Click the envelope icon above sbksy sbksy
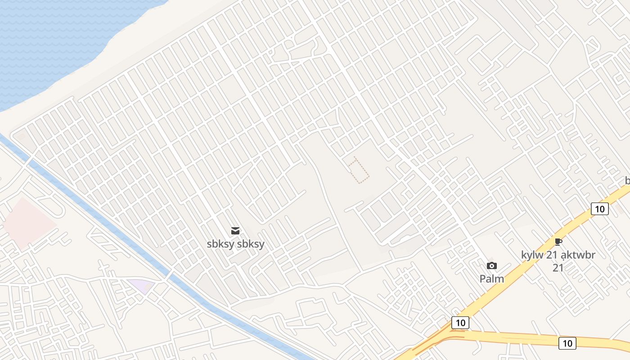click(235, 231)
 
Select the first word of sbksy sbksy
click(220, 244)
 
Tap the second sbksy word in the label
click(251, 244)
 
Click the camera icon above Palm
click(492, 265)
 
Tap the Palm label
click(492, 279)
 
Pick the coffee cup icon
click(558, 242)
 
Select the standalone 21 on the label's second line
click(558, 268)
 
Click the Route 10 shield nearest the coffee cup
click(599, 209)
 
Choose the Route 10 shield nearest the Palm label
click(460, 323)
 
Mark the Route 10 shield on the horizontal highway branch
click(567, 343)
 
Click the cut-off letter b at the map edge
click(627, 181)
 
